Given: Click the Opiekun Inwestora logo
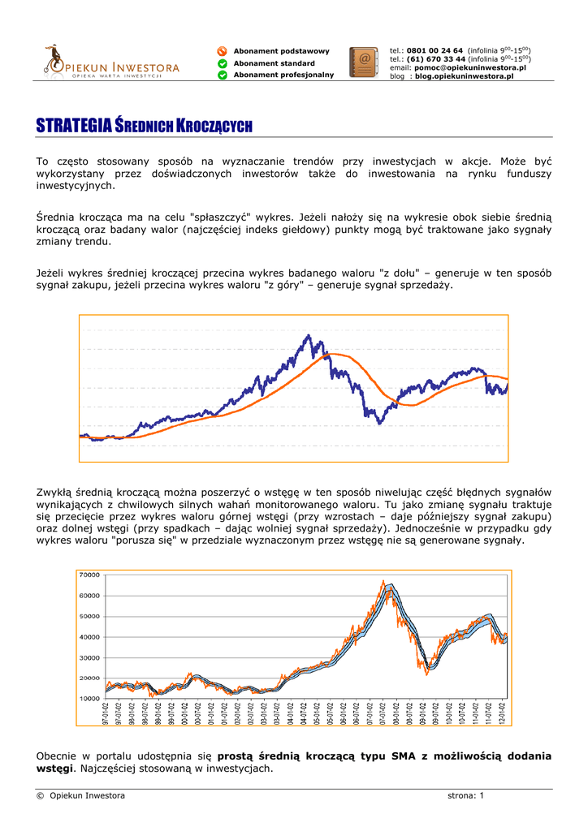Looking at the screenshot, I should click(110, 62).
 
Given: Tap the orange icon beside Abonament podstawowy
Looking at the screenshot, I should click(222, 51).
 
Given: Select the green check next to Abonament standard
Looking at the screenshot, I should click(222, 63).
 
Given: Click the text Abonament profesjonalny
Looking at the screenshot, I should click(283, 75).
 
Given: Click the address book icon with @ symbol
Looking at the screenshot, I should click(363, 62).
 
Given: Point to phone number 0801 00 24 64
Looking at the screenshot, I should click(435, 50).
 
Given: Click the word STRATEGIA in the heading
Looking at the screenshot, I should click(73, 126).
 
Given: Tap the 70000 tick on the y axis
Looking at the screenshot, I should click(89, 575).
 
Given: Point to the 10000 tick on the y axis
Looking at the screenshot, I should click(89, 698).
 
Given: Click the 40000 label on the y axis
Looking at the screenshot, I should click(89, 636).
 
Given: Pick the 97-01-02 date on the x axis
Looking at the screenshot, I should click(106, 715).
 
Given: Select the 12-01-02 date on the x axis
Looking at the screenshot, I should click(503, 715).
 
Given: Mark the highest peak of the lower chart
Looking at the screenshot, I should click(383, 581).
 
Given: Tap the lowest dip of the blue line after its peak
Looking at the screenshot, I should click(378, 423).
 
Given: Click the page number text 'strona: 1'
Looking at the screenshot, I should click(465, 795).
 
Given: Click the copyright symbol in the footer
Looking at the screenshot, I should click(40, 795).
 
